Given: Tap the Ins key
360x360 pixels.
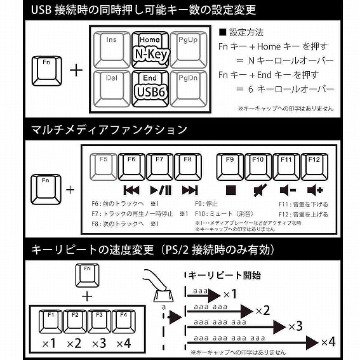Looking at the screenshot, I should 111,50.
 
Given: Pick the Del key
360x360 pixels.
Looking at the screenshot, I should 111,88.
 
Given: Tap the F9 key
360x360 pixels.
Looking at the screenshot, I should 230,166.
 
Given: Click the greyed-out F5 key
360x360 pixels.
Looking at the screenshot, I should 103,166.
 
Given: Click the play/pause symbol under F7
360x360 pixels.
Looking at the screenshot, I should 160,190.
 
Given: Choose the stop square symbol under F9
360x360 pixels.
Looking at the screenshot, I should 230,190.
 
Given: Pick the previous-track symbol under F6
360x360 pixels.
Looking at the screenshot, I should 131,190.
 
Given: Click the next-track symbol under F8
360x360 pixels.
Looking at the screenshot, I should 189,190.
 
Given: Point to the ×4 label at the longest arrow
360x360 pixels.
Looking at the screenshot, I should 328,342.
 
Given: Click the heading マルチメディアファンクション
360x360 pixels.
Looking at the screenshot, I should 109,130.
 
